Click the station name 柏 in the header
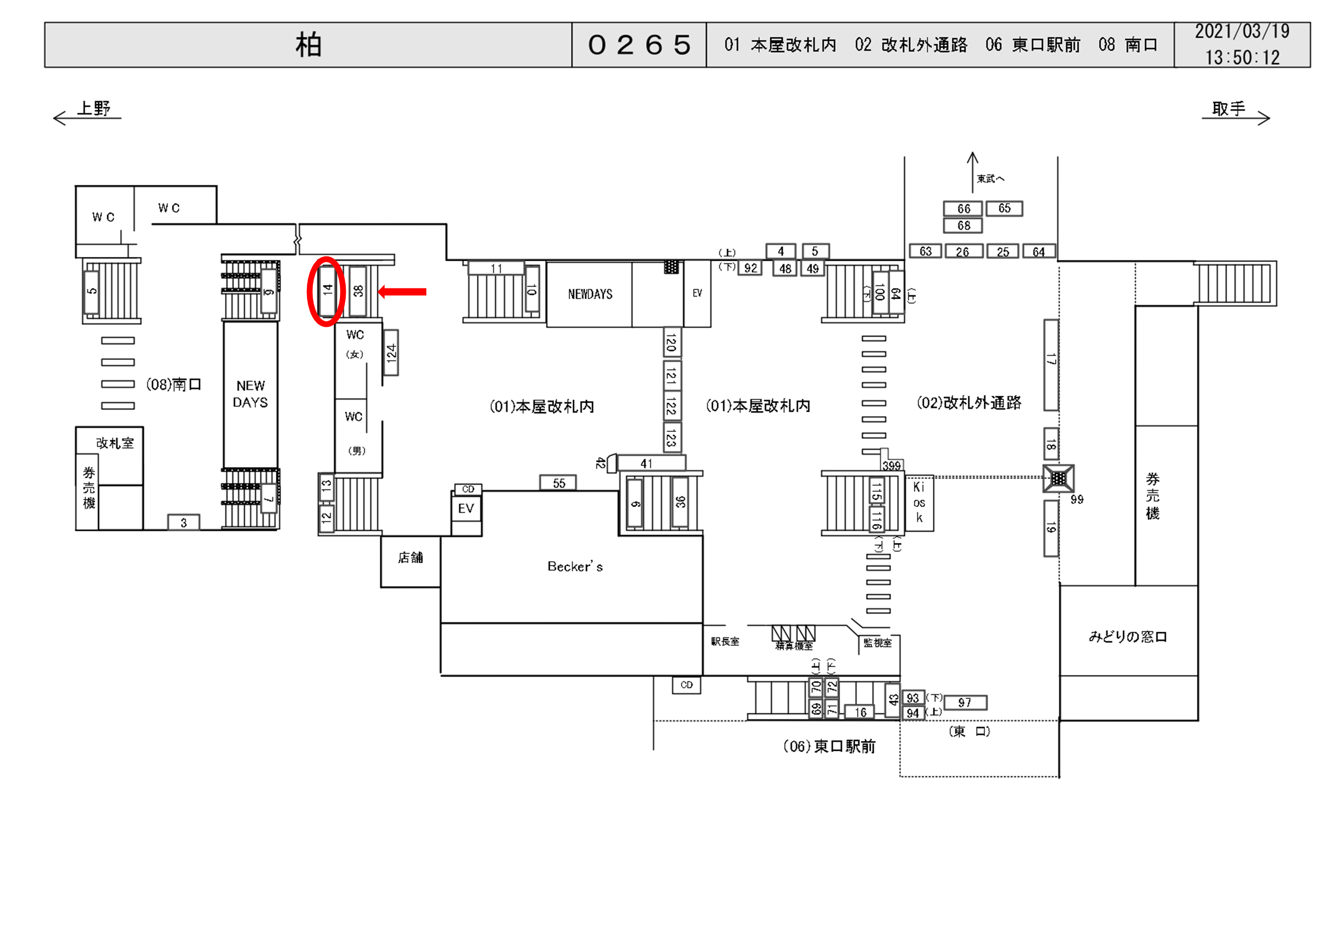[x=308, y=45]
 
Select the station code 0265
[x=639, y=45]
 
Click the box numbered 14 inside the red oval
[x=327, y=290]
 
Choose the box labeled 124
[x=391, y=353]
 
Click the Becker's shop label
[x=575, y=567]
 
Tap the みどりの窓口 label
[x=1128, y=637]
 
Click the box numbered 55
[x=558, y=483]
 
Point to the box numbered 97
[x=964, y=703]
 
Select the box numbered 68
[x=963, y=226]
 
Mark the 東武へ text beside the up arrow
[x=990, y=179]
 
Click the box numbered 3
[x=184, y=522]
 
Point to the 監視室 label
[x=877, y=643]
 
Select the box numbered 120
[x=672, y=343]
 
